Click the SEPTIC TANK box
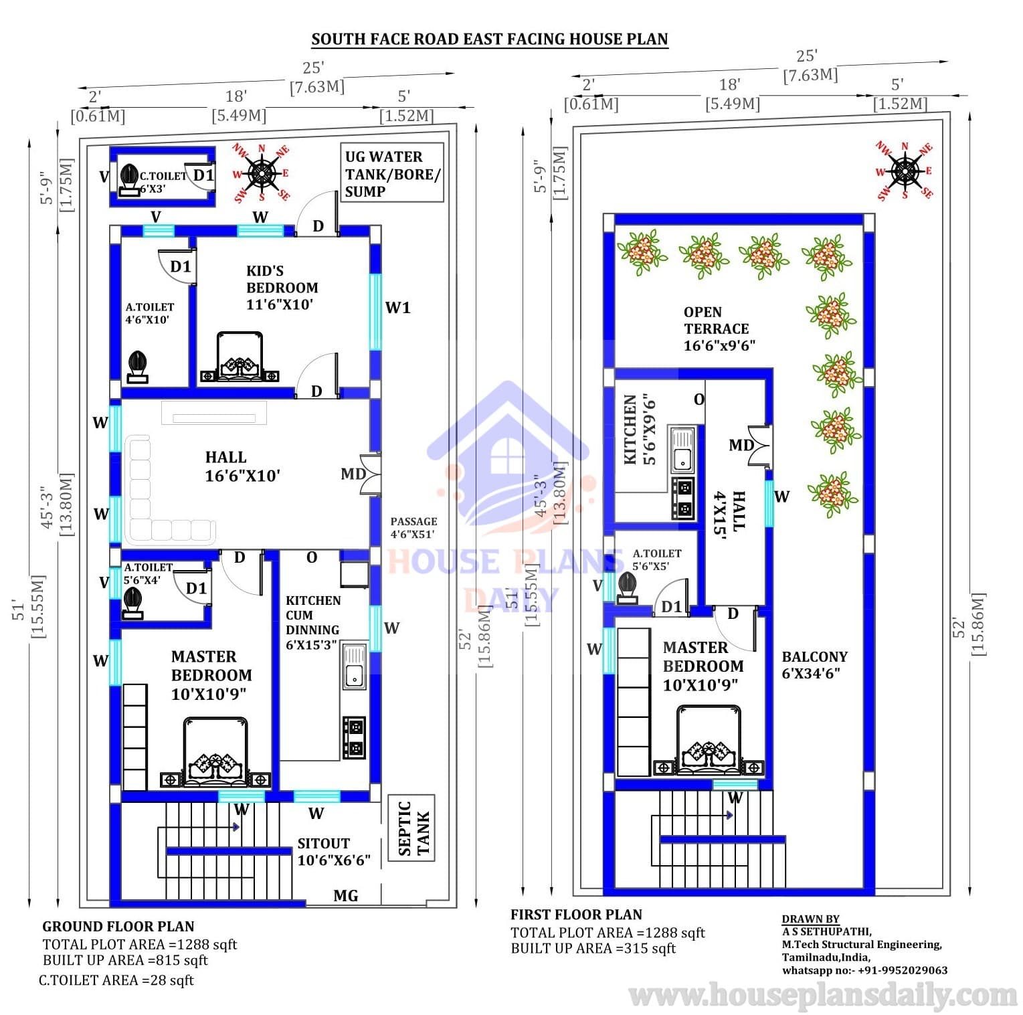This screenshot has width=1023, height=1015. click(411, 828)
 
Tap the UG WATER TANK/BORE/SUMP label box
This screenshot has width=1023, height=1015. click(392, 173)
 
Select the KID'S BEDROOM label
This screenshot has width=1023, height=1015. click(282, 288)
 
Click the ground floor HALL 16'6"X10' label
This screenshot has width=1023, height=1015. click(242, 466)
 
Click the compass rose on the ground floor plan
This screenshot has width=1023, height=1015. click(262, 173)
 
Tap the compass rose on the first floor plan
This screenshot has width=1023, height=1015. click(905, 171)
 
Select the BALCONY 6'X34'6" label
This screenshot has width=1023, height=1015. click(814, 665)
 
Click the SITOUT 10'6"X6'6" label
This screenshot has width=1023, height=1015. click(334, 852)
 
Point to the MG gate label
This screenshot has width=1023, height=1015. click(345, 895)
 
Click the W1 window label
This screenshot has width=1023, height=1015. click(397, 308)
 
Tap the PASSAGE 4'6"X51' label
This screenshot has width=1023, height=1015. click(413, 527)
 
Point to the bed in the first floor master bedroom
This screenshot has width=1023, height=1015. click(709, 739)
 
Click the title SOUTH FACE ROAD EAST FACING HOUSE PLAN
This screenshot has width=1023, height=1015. click(490, 39)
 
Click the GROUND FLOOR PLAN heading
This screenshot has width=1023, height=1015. click(118, 927)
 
